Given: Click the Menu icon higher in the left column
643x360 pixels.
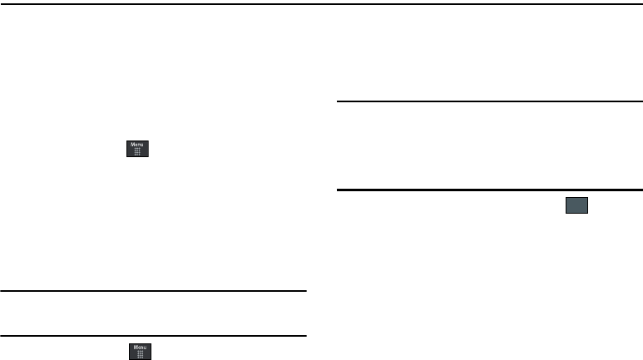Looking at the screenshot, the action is click(x=137, y=149).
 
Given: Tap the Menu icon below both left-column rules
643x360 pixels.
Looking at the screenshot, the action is click(x=140, y=353).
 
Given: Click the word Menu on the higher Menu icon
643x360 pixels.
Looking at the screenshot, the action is click(x=137, y=145).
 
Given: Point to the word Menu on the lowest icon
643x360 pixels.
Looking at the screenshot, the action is click(x=140, y=348).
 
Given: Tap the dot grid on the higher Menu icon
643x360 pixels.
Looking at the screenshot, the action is click(x=137, y=152).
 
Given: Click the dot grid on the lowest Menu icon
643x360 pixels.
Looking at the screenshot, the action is click(x=140, y=355).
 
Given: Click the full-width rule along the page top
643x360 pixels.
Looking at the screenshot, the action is click(x=321, y=3).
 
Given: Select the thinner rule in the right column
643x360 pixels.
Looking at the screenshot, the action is click(x=489, y=101).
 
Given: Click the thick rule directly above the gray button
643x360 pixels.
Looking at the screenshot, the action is click(x=489, y=190).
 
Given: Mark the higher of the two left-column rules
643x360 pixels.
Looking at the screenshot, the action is click(x=154, y=291).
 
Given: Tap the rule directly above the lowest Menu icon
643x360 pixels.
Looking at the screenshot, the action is click(x=154, y=336).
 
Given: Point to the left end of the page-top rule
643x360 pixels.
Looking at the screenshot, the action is click(x=2, y=3).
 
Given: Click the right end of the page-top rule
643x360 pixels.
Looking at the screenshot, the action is click(x=641, y=3).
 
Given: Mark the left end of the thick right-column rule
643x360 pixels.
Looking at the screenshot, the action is click(x=337, y=190).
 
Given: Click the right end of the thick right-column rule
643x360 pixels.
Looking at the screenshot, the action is click(x=641, y=190).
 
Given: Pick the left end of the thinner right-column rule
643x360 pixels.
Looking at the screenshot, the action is click(x=337, y=101).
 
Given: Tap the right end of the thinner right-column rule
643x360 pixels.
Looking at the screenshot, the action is click(x=641, y=101).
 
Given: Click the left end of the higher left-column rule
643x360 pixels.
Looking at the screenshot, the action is click(x=2, y=291).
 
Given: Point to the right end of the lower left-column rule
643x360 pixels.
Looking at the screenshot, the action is click(x=306, y=336).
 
